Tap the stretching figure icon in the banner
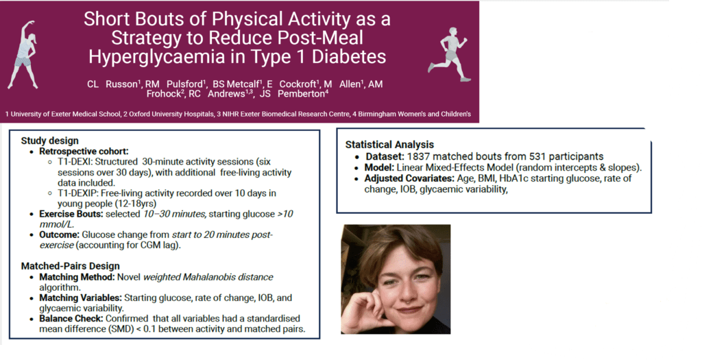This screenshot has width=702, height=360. pyautogui.click(x=24, y=54)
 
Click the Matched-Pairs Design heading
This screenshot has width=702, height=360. pyautogui.click(x=71, y=266)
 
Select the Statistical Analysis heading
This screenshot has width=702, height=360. pyautogui.click(x=389, y=145)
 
